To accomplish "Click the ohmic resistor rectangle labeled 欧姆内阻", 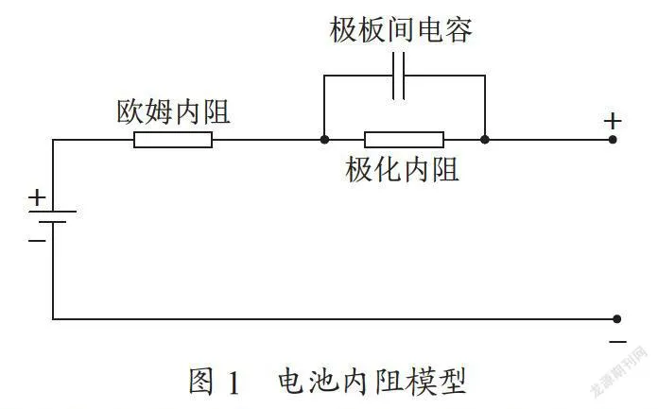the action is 173,140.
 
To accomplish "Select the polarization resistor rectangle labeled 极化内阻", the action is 404,140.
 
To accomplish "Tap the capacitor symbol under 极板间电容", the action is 399,76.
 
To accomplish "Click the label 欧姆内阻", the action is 173,112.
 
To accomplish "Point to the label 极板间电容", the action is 401,30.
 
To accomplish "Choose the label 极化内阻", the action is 402,169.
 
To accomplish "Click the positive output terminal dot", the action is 613,139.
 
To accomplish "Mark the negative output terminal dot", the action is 616,319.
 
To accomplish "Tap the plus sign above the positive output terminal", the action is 613,122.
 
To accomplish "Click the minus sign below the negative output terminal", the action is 617,342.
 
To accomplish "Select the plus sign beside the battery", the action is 37,197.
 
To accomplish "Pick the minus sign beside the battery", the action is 37,241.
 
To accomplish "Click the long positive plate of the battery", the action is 52,212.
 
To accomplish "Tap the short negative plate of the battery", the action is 52,221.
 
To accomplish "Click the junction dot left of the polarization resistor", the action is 324,139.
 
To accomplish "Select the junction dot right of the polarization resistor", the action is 485,139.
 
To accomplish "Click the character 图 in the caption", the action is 201,381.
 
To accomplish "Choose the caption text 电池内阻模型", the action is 372,381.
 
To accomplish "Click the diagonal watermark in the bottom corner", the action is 619,371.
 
